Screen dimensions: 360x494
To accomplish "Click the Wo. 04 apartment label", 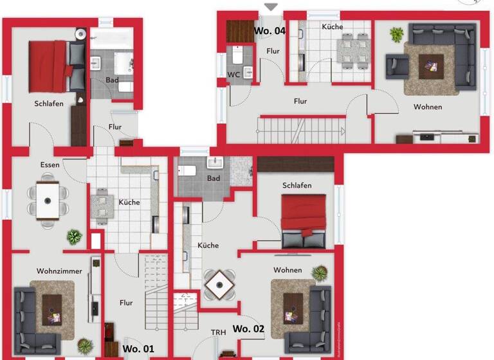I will pos(270,30).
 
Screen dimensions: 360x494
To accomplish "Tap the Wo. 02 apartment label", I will pos(248,328).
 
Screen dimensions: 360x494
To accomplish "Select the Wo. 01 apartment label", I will pos(138,348).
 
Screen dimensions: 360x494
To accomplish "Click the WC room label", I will pos(235,75).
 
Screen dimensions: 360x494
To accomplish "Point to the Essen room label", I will pos(50,165).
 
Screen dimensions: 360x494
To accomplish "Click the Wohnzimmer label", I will pos(59,271).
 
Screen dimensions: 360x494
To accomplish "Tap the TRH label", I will pos(218,332).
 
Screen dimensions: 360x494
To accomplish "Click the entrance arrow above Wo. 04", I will pos(271,7).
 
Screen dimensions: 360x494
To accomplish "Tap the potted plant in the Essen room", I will pos(75,237).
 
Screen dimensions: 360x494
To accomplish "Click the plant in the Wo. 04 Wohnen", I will pos(396,33).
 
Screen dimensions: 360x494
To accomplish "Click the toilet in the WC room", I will pos(236,57).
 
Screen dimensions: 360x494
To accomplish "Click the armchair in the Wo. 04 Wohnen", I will pos(395,64).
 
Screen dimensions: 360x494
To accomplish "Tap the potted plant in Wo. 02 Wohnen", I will pos(318,273).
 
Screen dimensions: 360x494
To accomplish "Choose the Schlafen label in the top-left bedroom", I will pos(49,104).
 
